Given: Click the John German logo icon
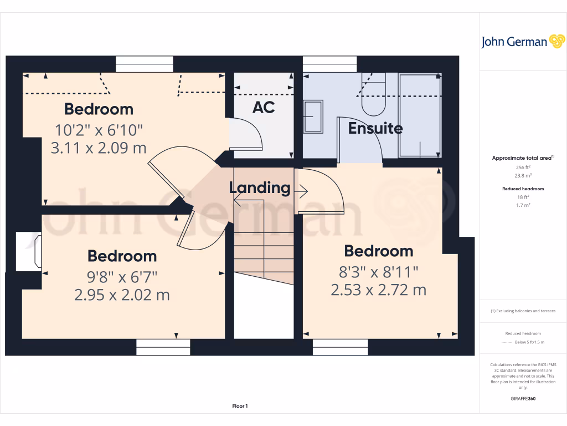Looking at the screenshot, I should pos(556,42).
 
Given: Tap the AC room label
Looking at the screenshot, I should pos(264,108).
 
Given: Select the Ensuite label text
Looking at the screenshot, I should pos(375,129).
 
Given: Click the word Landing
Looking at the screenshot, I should pos(260,188).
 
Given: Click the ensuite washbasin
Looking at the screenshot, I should pos(313,116).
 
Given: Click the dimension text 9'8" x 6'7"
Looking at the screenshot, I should pos(122,276).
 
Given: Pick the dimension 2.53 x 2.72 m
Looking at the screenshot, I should pos(378,290).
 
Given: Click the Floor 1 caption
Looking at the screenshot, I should pos(240,406).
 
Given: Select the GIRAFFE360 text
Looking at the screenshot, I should pos(523,399).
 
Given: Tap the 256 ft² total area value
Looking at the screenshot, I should pos(523,167).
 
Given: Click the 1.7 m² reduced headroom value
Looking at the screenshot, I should pos(523,205).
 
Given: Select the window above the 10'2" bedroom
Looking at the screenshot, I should pos(145,64).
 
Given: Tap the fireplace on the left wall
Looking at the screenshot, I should pos(29,252).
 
